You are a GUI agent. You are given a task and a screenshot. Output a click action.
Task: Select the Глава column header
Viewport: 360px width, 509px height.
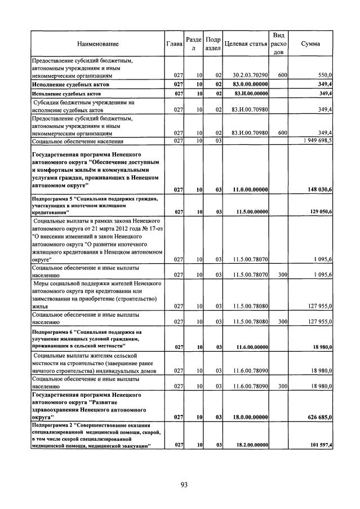[x=174, y=43]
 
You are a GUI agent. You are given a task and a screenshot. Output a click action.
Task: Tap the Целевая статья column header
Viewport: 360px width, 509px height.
[x=245, y=43]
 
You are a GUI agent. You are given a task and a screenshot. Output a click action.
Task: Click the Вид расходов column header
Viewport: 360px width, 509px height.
[x=279, y=43]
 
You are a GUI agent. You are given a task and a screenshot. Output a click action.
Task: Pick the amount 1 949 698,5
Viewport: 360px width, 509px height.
[x=315, y=140]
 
